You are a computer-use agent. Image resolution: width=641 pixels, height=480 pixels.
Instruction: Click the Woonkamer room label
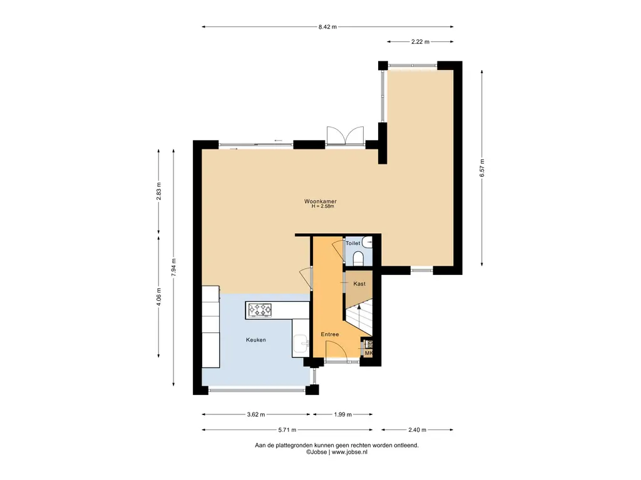point(320,201)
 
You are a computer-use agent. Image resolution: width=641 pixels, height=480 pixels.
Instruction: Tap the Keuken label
point(256,339)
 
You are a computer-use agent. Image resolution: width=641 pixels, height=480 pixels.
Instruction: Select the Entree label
point(329,334)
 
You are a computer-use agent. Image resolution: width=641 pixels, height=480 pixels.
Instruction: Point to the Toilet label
point(353,243)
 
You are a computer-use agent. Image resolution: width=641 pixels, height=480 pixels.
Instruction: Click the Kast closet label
point(359,284)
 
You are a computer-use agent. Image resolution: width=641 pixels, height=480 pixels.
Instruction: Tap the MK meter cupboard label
point(369,353)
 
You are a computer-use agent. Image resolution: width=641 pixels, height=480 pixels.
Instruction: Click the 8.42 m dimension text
point(327,27)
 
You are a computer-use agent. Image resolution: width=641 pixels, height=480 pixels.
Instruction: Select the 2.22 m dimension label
point(420,42)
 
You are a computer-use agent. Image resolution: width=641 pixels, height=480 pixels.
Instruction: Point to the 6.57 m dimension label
point(482,167)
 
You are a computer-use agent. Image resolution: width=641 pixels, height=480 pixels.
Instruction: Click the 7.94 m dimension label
point(174,267)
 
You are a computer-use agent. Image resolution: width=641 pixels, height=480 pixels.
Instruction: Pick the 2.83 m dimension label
point(158,191)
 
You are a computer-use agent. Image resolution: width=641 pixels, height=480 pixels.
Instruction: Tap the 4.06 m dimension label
point(158,296)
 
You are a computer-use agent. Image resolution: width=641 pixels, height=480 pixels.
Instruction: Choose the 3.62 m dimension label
point(256,415)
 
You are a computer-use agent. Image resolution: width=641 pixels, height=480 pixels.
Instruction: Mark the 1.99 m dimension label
point(342,415)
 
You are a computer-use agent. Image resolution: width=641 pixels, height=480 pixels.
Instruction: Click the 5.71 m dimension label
point(287,430)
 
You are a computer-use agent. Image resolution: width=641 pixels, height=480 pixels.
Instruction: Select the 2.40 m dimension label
point(417,430)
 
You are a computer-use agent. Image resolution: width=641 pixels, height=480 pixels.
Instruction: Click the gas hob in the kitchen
point(260,310)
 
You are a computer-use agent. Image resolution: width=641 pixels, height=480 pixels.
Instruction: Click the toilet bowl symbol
point(358,258)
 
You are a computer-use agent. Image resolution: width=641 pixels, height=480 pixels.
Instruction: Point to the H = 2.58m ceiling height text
point(322,206)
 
